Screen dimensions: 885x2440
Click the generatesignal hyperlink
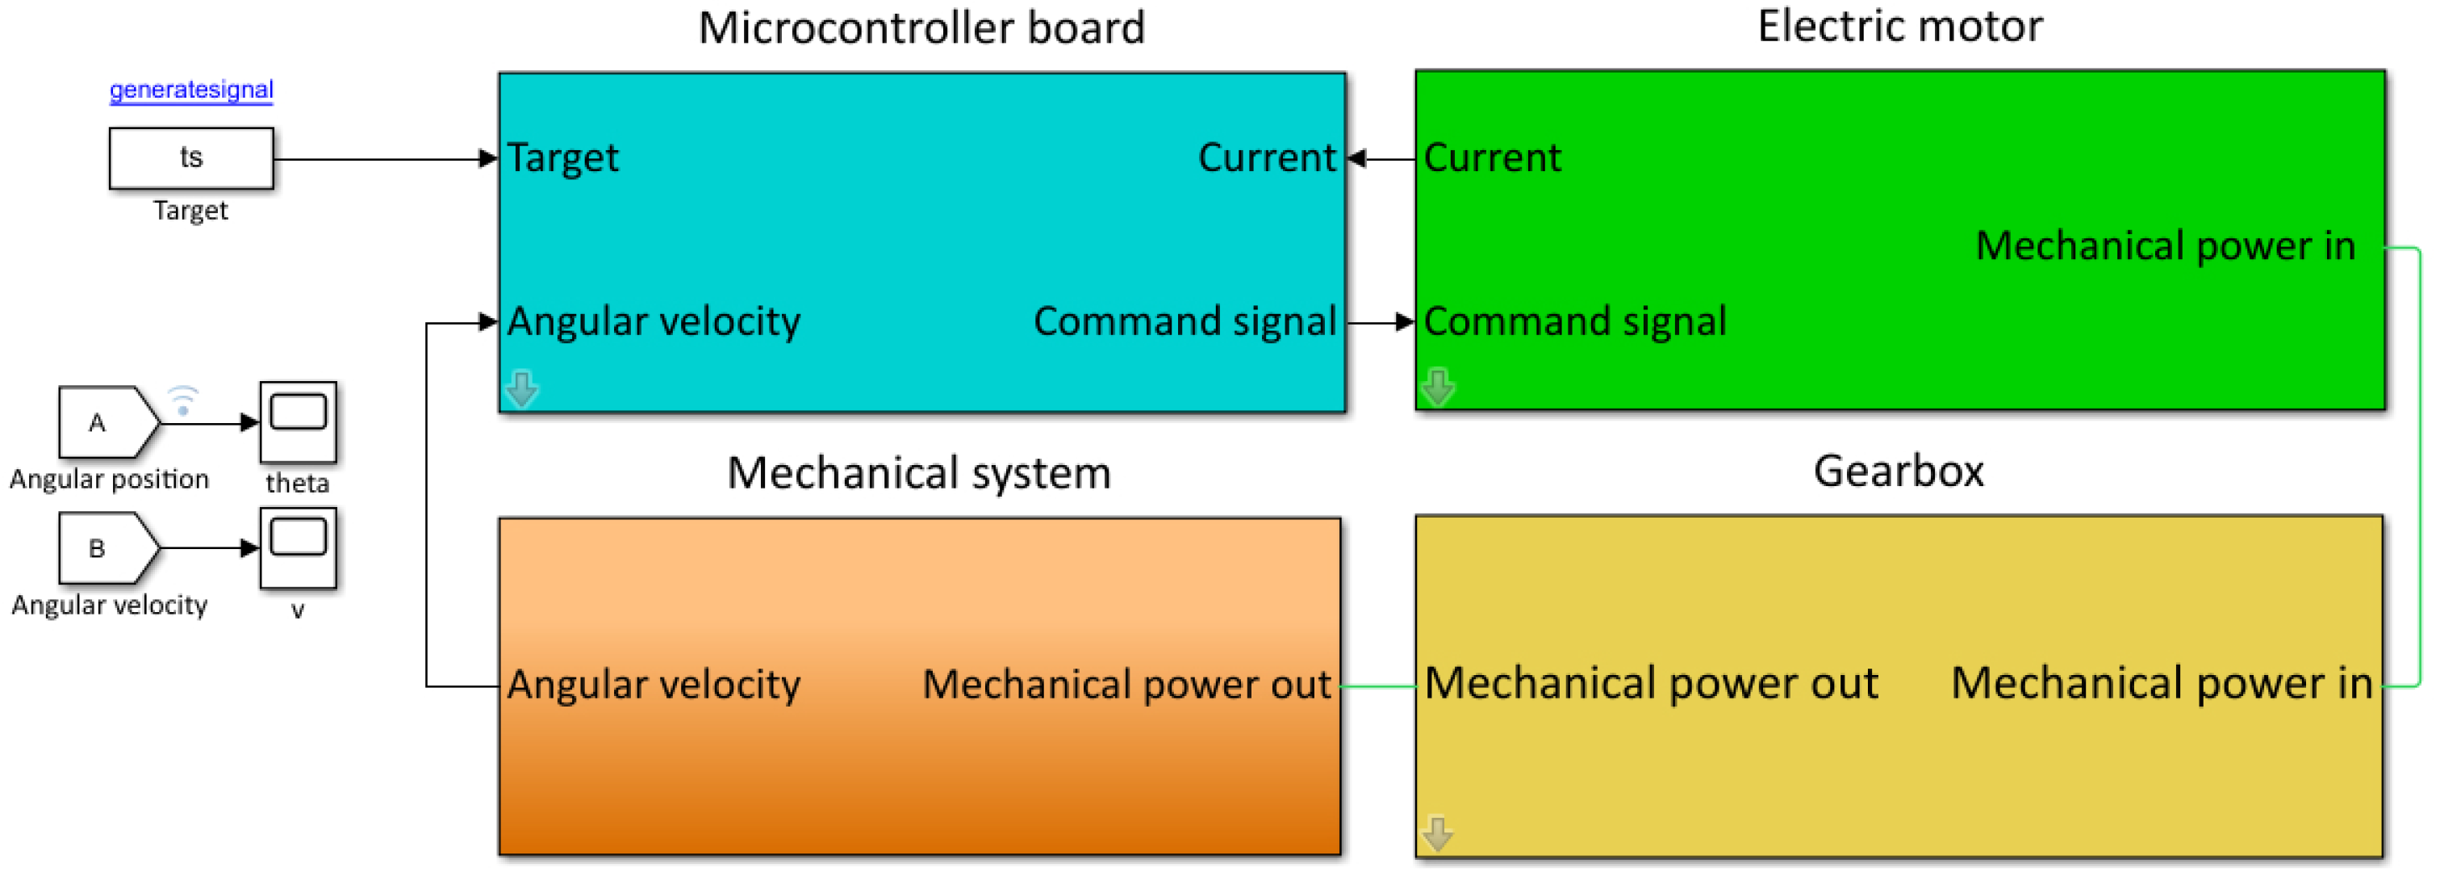tap(191, 90)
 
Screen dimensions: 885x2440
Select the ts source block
tap(191, 158)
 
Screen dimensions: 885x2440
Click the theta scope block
tap(298, 422)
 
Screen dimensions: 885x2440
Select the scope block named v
tap(298, 547)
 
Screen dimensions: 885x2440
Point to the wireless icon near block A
tap(183, 400)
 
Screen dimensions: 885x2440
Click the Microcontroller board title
tap(921, 27)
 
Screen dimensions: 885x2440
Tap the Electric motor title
tap(1899, 26)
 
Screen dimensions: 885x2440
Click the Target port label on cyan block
tap(562, 157)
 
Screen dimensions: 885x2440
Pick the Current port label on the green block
tap(1492, 157)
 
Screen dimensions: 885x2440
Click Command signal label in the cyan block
tap(1184, 321)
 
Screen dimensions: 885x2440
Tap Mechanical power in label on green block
tap(2164, 246)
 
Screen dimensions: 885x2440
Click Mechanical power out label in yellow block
tap(1650, 683)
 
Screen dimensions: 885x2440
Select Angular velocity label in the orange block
tap(654, 684)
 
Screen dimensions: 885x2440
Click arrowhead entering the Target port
tap(489, 158)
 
